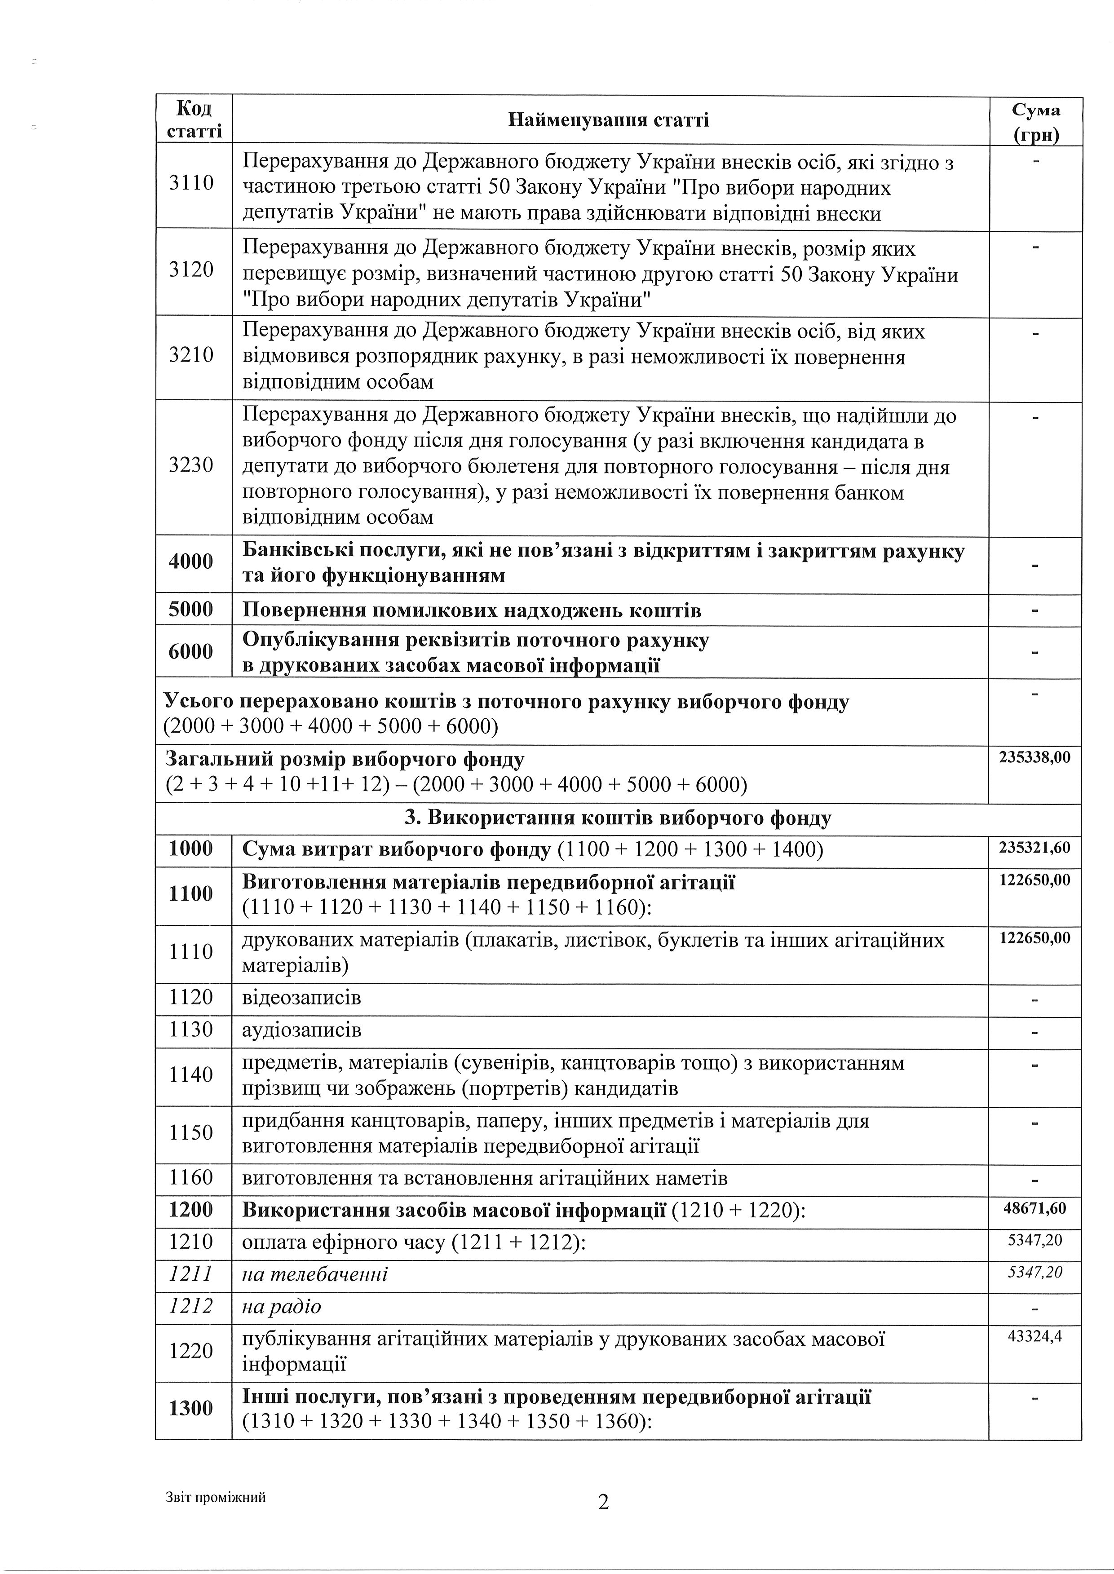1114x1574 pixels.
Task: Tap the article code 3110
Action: pyautogui.click(x=191, y=183)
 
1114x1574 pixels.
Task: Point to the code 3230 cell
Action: pyautogui.click(x=191, y=466)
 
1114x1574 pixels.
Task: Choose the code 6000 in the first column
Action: pyautogui.click(x=191, y=651)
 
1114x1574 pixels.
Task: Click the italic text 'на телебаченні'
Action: pyautogui.click(x=315, y=1274)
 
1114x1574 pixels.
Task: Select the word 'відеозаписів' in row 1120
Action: pyautogui.click(x=302, y=997)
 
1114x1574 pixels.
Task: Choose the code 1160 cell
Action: pyautogui.click(x=191, y=1178)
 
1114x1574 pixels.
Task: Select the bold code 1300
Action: pyautogui.click(x=191, y=1408)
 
